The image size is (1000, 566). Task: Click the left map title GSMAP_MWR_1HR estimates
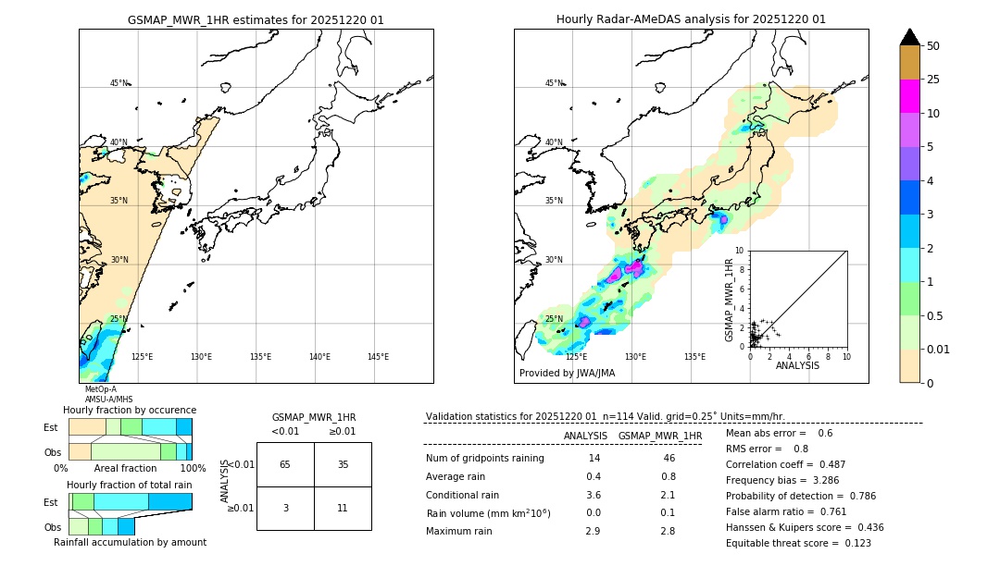click(256, 19)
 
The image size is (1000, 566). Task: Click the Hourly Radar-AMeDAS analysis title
click(691, 19)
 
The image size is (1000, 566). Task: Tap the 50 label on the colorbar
click(933, 46)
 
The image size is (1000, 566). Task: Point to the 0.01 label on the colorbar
click(939, 349)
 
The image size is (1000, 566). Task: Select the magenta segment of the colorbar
click(909, 96)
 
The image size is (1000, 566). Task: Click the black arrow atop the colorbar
click(909, 37)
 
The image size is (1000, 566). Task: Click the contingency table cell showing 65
click(285, 464)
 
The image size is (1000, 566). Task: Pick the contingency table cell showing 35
click(343, 464)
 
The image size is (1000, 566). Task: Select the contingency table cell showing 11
click(343, 508)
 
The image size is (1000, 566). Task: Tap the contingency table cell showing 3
click(285, 508)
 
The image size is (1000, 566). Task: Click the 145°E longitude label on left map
click(378, 357)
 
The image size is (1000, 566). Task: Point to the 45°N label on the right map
click(554, 83)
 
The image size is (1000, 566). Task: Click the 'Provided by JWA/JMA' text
click(567, 373)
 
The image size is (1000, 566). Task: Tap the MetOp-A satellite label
click(101, 389)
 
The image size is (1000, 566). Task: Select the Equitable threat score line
click(798, 543)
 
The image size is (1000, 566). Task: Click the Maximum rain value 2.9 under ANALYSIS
click(594, 531)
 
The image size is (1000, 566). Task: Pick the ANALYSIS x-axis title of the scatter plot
click(797, 365)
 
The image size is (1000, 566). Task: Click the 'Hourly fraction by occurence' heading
click(130, 410)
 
